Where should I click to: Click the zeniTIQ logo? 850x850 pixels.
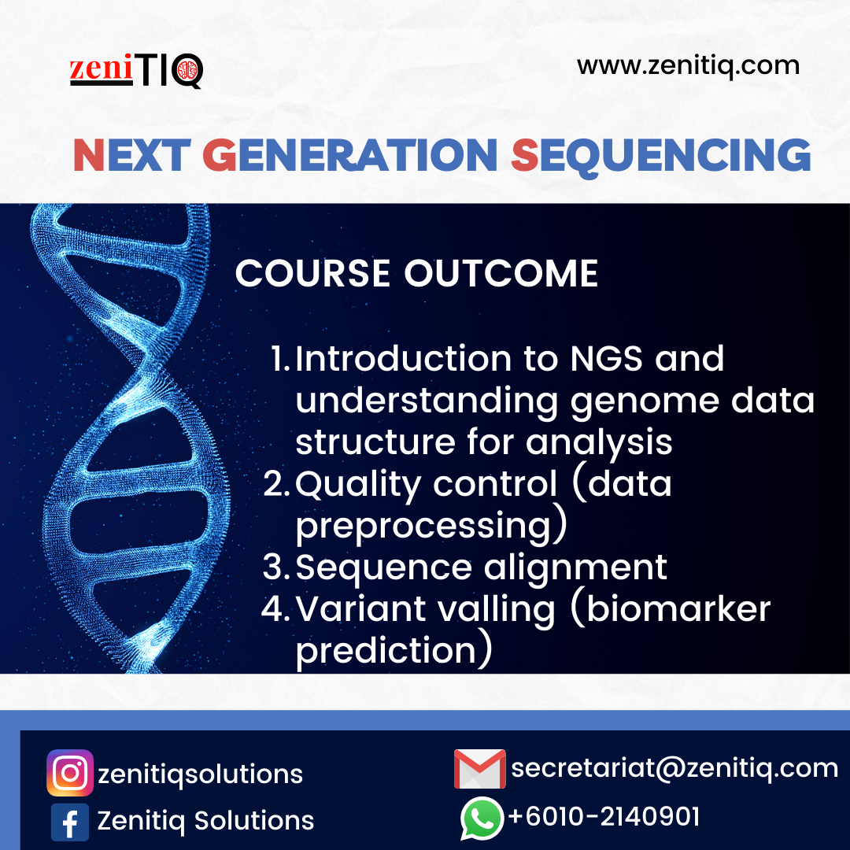pyautogui.click(x=136, y=71)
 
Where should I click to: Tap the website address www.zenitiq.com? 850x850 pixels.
pyautogui.click(x=688, y=66)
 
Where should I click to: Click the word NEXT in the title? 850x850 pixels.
pyautogui.click(x=131, y=155)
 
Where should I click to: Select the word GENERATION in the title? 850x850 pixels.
pyautogui.click(x=350, y=155)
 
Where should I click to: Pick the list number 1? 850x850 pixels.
pyautogui.click(x=281, y=358)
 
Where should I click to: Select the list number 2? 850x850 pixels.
pyautogui.click(x=276, y=483)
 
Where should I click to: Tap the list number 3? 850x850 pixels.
pyautogui.click(x=276, y=567)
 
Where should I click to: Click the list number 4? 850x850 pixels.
pyautogui.click(x=276, y=608)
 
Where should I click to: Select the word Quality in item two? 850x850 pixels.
pyautogui.click(x=358, y=485)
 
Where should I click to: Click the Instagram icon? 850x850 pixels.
pyautogui.click(x=70, y=773)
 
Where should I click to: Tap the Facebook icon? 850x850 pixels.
pyautogui.click(x=70, y=822)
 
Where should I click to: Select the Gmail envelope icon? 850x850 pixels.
pyautogui.click(x=480, y=769)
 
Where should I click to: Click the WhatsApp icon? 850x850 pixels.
pyautogui.click(x=482, y=819)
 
